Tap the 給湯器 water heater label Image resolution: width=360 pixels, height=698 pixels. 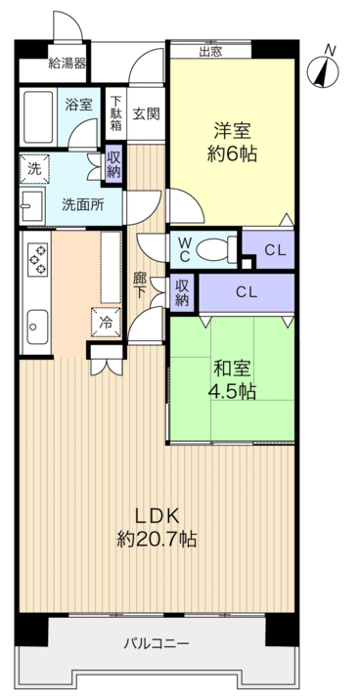(x=67, y=64)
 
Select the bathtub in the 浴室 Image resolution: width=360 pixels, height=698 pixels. (x=38, y=116)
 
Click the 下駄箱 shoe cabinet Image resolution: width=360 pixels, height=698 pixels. (x=115, y=113)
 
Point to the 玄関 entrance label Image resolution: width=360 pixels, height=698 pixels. (x=146, y=114)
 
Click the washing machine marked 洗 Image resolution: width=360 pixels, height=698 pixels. (x=34, y=169)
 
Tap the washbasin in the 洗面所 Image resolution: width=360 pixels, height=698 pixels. (x=32, y=206)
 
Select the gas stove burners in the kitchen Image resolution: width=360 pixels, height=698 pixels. (x=38, y=259)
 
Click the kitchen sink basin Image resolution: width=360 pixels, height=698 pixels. (x=37, y=327)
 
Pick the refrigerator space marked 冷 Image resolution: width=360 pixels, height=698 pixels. (x=106, y=322)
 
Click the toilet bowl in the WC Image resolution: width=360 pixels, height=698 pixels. (x=216, y=249)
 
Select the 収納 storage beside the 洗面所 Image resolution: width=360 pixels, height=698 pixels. (x=113, y=164)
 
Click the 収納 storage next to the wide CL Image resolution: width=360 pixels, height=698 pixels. (x=182, y=293)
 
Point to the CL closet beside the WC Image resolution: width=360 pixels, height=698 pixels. (x=275, y=250)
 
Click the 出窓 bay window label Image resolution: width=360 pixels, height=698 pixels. (x=210, y=51)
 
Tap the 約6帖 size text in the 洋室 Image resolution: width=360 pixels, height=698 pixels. (x=232, y=153)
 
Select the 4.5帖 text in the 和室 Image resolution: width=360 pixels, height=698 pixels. (x=232, y=391)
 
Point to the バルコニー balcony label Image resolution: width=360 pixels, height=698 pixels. (x=157, y=643)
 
